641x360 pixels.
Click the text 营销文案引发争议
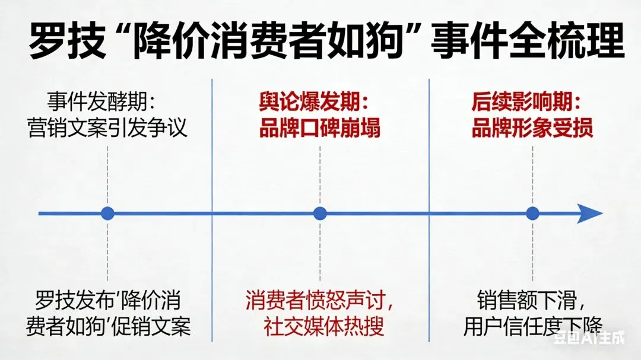click(x=107, y=128)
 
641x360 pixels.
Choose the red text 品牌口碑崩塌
click(x=320, y=128)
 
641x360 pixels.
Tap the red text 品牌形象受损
click(x=532, y=128)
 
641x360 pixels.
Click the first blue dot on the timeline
click(x=107, y=214)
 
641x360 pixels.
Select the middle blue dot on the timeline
click(x=320, y=214)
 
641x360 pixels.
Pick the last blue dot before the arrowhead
click(x=532, y=214)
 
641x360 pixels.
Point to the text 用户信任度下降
click(x=532, y=326)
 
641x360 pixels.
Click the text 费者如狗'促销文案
click(x=108, y=326)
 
